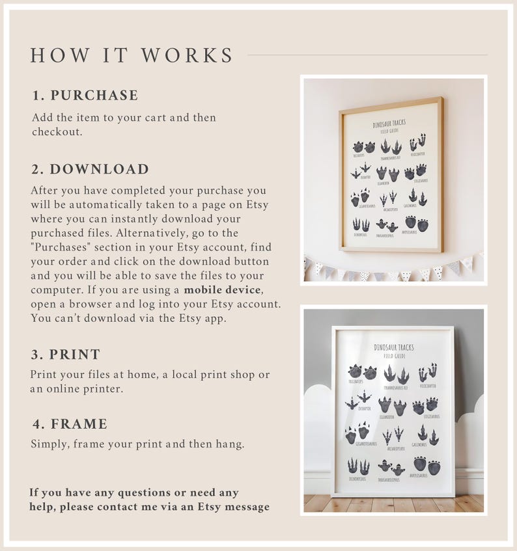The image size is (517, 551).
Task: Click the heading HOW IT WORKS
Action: point(132,55)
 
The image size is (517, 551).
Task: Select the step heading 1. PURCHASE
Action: point(85,96)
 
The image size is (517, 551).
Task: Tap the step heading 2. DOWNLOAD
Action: point(91,169)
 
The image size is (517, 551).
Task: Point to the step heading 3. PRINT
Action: point(66,355)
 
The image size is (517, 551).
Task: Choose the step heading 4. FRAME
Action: point(70,424)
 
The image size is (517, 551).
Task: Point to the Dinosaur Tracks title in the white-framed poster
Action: point(394,348)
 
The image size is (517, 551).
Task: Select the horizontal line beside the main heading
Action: point(367,55)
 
